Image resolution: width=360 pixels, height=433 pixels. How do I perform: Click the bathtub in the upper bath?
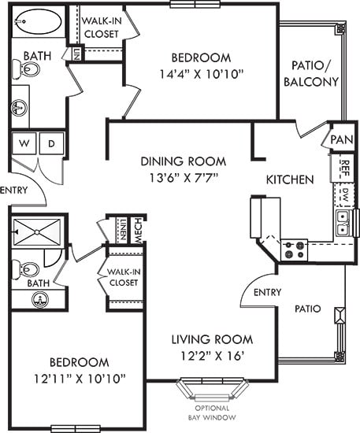click(x=39, y=22)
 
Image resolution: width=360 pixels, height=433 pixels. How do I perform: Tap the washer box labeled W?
click(x=24, y=144)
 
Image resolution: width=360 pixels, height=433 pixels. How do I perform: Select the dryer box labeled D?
click(x=51, y=144)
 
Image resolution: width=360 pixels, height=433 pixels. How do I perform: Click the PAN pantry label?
click(x=341, y=139)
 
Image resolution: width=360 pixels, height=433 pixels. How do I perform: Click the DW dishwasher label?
click(x=344, y=194)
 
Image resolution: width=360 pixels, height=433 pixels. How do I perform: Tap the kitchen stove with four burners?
click(x=294, y=250)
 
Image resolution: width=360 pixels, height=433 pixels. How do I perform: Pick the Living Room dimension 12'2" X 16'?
click(x=212, y=356)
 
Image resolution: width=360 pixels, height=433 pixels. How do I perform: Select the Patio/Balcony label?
click(x=314, y=74)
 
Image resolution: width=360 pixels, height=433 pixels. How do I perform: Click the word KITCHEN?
click(x=290, y=179)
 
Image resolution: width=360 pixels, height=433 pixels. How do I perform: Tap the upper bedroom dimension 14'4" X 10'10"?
click(x=201, y=74)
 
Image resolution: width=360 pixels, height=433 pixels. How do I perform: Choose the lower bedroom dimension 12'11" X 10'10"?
click(x=78, y=379)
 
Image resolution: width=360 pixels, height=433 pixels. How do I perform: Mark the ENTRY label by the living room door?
click(x=268, y=292)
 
